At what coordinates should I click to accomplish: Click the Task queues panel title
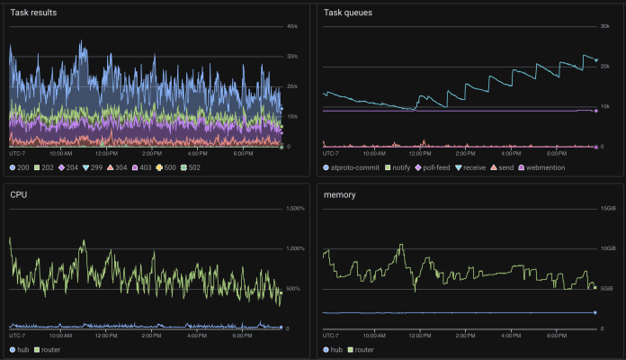tap(347, 13)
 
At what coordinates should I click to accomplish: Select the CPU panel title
tap(18, 193)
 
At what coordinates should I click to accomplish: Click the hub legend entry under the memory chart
tap(335, 348)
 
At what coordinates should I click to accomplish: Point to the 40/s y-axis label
tap(291, 27)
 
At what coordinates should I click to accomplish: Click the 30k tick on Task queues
tap(605, 27)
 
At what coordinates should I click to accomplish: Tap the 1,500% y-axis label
tap(295, 209)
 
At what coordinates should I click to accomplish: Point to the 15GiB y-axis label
tap(608, 209)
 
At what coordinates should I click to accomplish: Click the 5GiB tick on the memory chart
tap(608, 289)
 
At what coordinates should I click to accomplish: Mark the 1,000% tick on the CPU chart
tap(295, 248)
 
